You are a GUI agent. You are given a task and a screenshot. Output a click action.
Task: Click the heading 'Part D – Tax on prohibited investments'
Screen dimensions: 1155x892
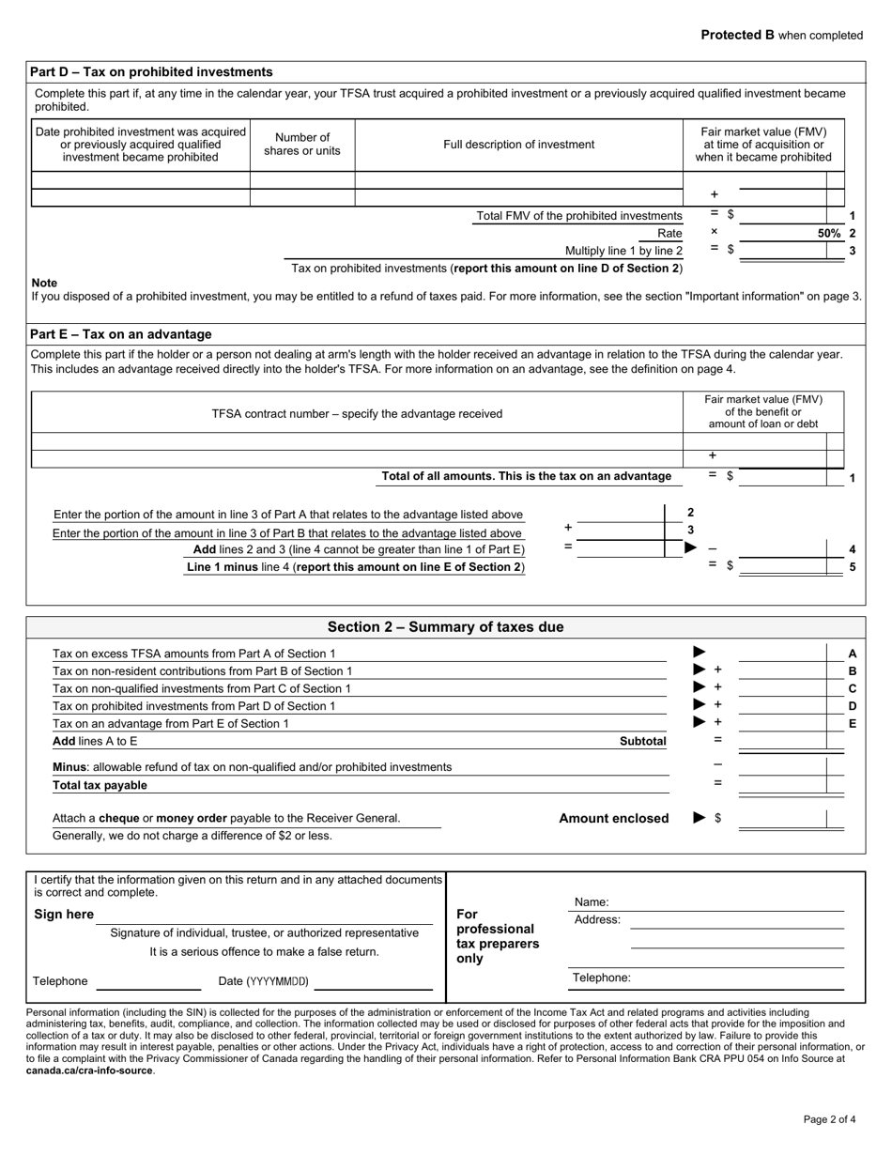tap(151, 71)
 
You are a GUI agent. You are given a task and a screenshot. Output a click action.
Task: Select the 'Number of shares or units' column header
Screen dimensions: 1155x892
tap(302, 145)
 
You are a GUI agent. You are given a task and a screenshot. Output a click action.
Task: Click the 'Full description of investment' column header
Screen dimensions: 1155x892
tap(518, 145)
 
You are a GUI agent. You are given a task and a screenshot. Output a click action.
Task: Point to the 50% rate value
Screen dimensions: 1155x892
tap(828, 233)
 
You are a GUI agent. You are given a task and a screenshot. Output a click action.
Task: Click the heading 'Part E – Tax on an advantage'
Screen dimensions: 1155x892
tap(121, 334)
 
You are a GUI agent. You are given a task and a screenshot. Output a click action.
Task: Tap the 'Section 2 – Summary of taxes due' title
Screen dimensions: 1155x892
tap(445, 627)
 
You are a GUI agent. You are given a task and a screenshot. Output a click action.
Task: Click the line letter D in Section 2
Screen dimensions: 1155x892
tap(853, 705)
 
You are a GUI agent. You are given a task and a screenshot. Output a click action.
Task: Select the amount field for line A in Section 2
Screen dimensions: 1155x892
tap(781, 654)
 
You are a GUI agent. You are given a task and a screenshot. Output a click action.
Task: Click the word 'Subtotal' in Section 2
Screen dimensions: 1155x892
tap(642, 741)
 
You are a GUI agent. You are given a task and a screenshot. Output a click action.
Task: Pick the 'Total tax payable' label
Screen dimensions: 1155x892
tap(100, 785)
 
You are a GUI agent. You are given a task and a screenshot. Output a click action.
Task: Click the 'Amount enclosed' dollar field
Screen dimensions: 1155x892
tap(781, 819)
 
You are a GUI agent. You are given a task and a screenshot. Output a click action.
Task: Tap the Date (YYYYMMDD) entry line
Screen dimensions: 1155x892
tap(372, 981)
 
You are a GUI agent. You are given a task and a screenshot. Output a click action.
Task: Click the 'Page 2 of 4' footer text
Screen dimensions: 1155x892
tap(829, 1119)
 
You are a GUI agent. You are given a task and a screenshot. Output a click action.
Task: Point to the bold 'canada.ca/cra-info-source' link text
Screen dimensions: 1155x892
tap(88, 1070)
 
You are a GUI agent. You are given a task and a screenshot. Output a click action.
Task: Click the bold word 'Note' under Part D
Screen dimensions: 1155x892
tap(44, 283)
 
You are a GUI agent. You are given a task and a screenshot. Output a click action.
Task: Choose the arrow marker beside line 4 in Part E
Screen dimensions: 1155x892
tap(691, 548)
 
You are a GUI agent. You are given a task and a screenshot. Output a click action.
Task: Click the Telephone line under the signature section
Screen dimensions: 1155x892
tap(148, 981)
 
